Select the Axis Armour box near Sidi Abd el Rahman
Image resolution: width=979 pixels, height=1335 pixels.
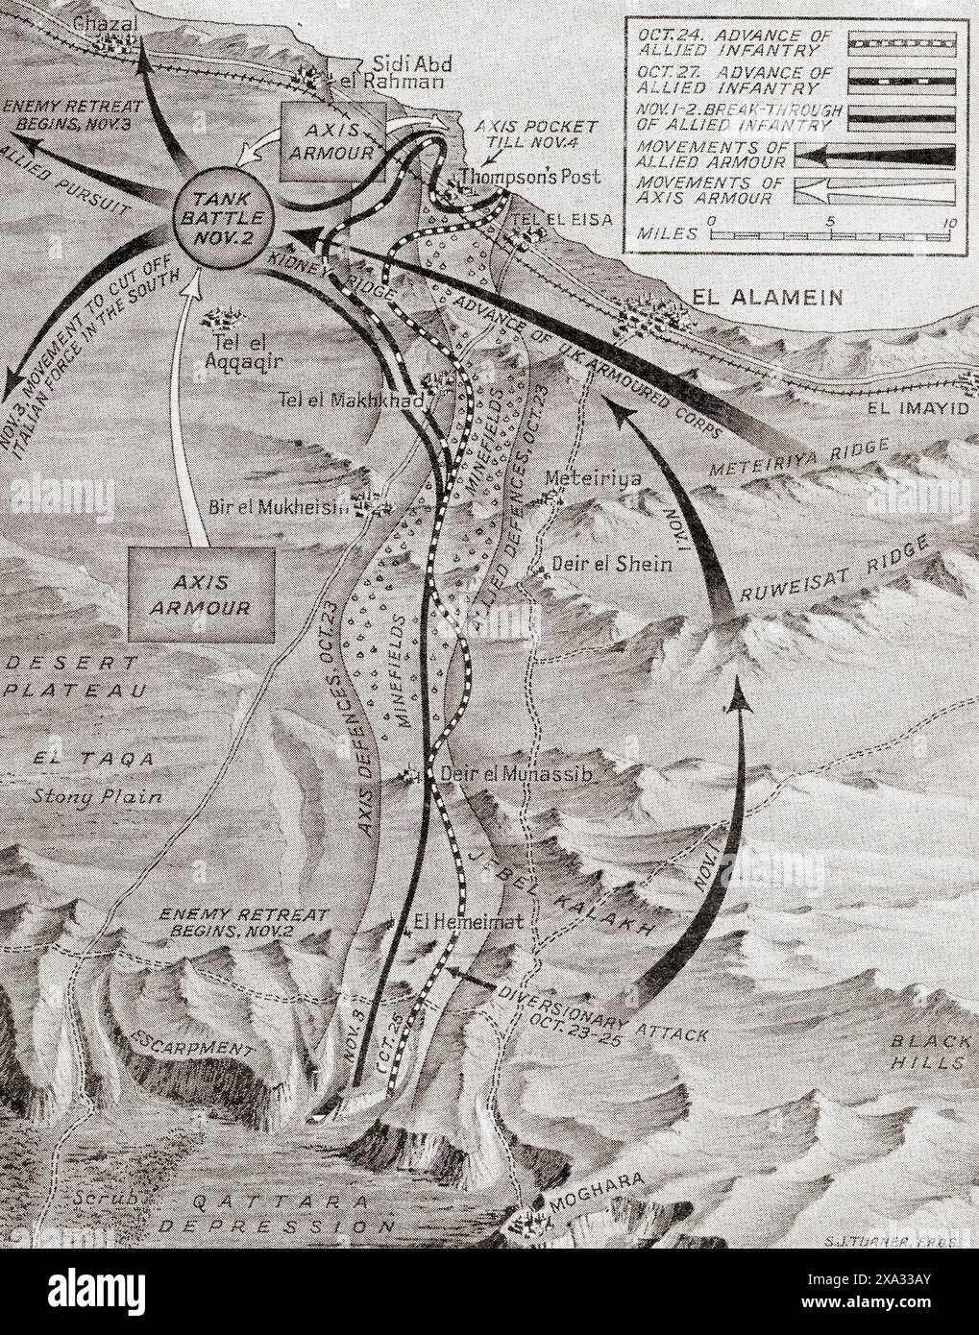pos(332,140)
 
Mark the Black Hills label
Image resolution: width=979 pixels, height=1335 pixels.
pos(926,1051)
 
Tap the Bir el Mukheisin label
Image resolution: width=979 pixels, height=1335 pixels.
pos(279,507)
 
